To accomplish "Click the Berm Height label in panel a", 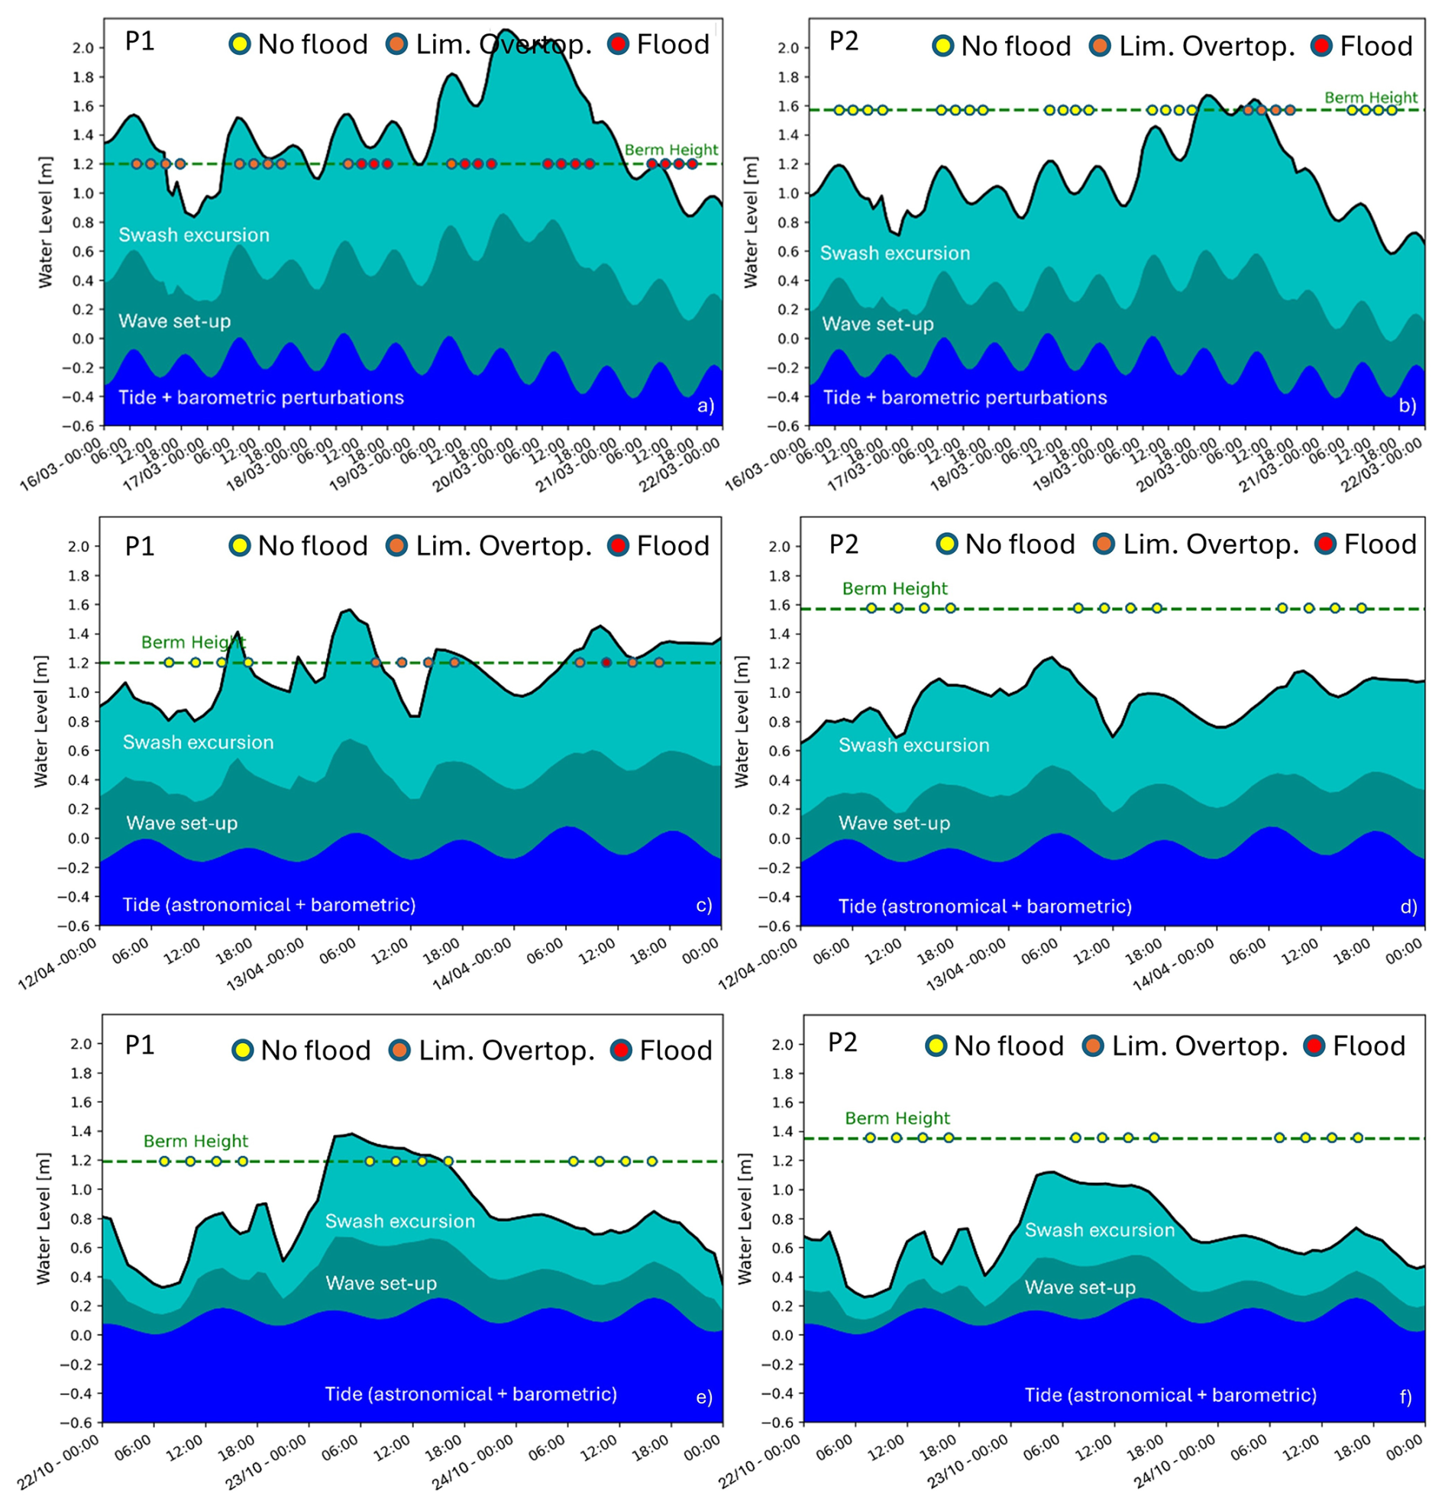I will click(671, 150).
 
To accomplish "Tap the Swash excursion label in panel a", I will click(194, 234).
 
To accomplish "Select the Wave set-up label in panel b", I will click(878, 324).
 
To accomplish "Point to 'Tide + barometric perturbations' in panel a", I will click(261, 397).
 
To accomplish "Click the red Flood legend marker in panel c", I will click(618, 546).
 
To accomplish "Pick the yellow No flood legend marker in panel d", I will click(947, 544).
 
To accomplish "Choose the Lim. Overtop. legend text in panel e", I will click(506, 1050).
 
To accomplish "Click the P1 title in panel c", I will click(139, 546).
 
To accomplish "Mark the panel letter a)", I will click(705, 406).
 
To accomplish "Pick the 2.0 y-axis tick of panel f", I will click(783, 1045).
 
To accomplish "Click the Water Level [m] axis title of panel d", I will click(742, 722).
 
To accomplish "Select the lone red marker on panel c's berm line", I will click(606, 662).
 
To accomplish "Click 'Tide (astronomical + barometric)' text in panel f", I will click(1170, 1395).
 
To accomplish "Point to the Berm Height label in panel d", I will click(894, 588).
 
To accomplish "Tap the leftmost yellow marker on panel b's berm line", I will click(839, 110).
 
